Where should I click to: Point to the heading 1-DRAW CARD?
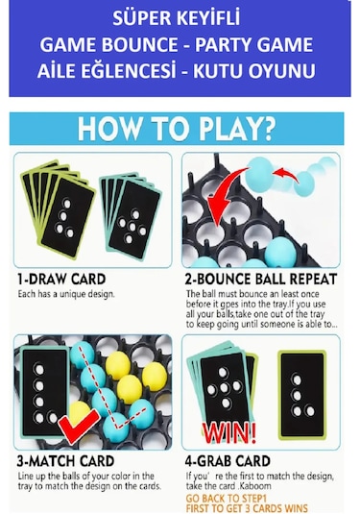click(61, 279)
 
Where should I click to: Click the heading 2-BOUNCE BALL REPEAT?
click(261, 279)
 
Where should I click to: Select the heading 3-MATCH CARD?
click(65, 461)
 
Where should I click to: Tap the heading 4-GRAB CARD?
click(228, 461)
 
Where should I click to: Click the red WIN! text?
click(229, 432)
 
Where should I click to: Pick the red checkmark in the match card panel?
click(78, 426)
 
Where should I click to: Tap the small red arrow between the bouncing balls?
click(286, 175)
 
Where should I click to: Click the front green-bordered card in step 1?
click(68, 214)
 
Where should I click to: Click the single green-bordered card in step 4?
click(302, 394)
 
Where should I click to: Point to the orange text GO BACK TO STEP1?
click(227, 499)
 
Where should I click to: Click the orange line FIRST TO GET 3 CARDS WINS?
click(247, 508)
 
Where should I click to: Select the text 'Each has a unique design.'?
click(66, 294)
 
